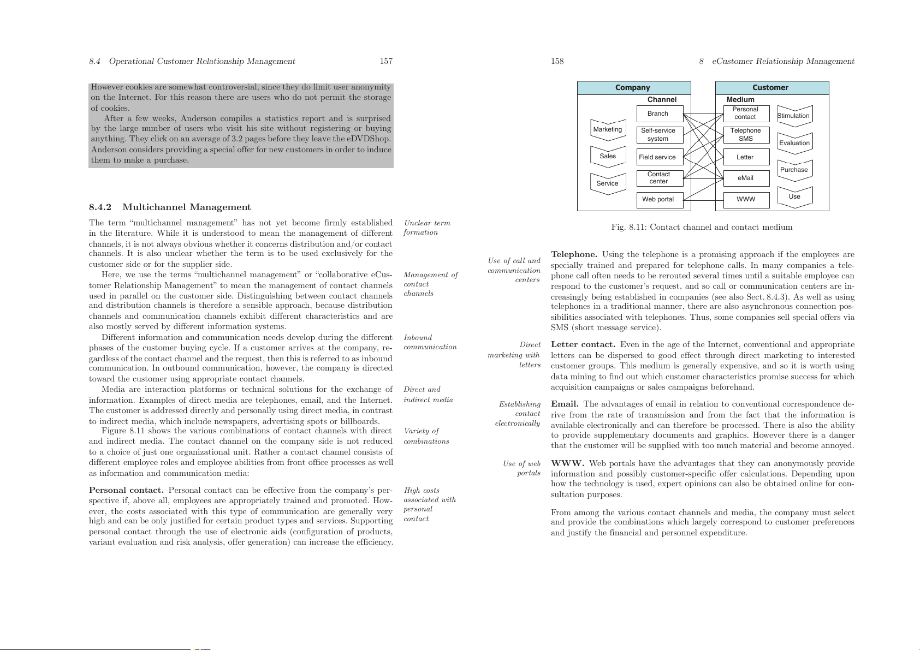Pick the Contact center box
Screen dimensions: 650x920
pos(660,178)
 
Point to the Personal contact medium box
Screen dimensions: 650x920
pos(746,114)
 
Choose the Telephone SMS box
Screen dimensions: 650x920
pos(746,135)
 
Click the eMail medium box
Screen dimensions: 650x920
pos(746,178)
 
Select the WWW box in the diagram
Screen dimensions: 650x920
pos(746,200)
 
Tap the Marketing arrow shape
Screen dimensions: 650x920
pos(608,130)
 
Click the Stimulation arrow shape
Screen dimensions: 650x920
pos(794,116)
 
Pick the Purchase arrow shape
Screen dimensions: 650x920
pos(794,170)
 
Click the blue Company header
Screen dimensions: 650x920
pos(633,88)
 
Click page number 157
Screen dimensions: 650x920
pos(386,61)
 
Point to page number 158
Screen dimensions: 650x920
pos(557,61)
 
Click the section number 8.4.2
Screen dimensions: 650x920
pos(100,207)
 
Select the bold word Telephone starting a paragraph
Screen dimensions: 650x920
pos(574,255)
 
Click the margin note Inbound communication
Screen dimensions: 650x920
pos(430,342)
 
